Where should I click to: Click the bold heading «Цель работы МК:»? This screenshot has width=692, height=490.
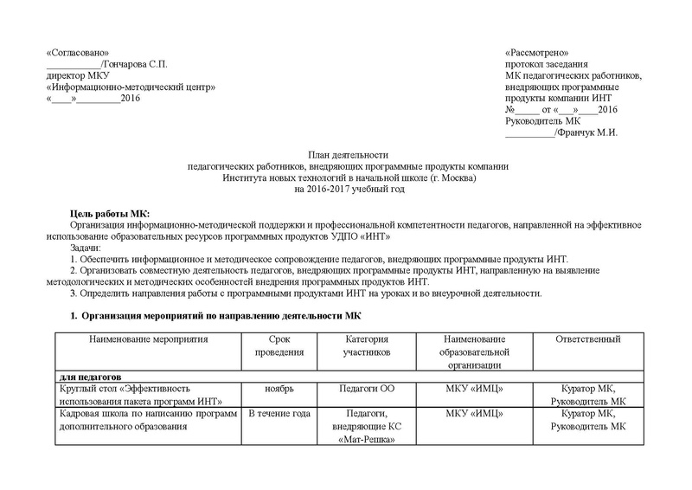[109, 213]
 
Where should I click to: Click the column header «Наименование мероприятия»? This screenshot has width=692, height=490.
[149, 336]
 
